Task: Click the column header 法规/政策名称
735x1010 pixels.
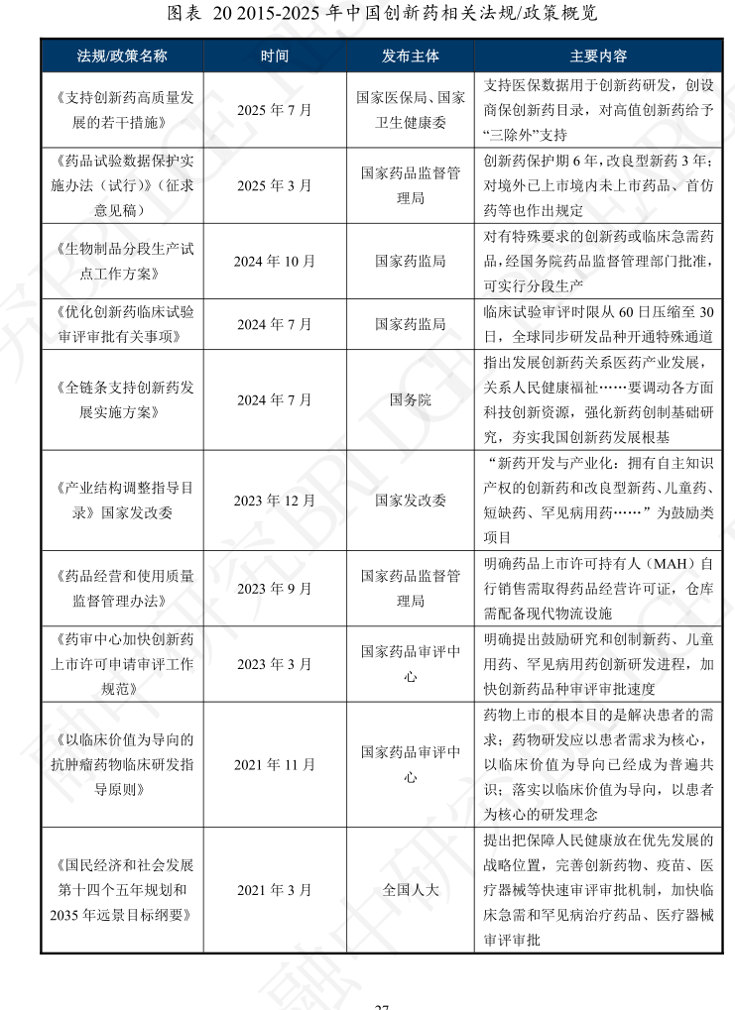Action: coord(122,55)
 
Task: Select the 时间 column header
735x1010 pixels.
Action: coord(275,55)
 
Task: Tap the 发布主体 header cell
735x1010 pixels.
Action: coord(410,55)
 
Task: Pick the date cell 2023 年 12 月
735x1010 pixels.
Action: coord(275,501)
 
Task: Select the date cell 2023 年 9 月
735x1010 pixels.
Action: coord(275,588)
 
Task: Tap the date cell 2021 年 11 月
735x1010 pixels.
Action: coord(275,764)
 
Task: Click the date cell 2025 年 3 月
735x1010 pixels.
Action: coord(275,185)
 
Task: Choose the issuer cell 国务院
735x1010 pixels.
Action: coord(410,400)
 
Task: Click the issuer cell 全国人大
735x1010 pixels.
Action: coord(410,889)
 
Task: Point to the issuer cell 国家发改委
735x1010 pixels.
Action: coord(410,501)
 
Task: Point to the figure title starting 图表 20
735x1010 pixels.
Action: coord(367,13)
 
